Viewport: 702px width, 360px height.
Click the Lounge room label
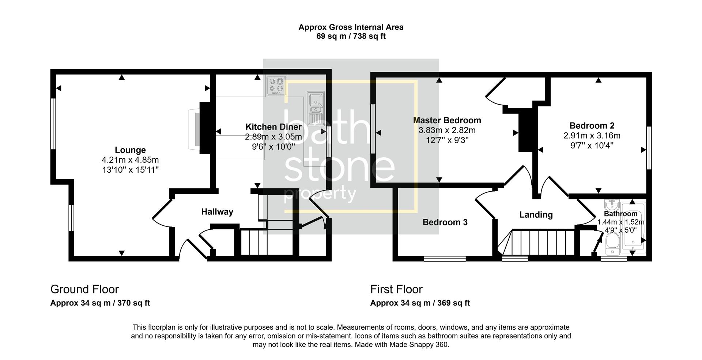pos(130,150)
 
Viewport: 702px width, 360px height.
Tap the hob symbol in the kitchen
pos(276,85)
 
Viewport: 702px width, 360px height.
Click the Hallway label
pos(217,212)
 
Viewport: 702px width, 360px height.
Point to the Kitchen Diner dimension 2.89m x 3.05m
pos(273,137)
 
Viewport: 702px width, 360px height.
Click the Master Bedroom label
pos(447,120)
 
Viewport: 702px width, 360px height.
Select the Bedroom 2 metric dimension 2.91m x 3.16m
pos(592,136)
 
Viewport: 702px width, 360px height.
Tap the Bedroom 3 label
pos(445,222)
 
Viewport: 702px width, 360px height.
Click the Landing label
pos(536,215)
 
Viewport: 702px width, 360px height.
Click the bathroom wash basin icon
pos(611,204)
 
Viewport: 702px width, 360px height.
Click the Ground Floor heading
pos(84,289)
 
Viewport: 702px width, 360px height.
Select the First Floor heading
pos(396,289)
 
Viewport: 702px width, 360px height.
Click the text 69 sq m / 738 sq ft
pos(351,37)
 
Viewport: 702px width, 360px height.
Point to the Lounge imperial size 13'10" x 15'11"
pos(130,170)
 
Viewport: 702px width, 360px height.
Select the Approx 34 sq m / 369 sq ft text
pos(420,303)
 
